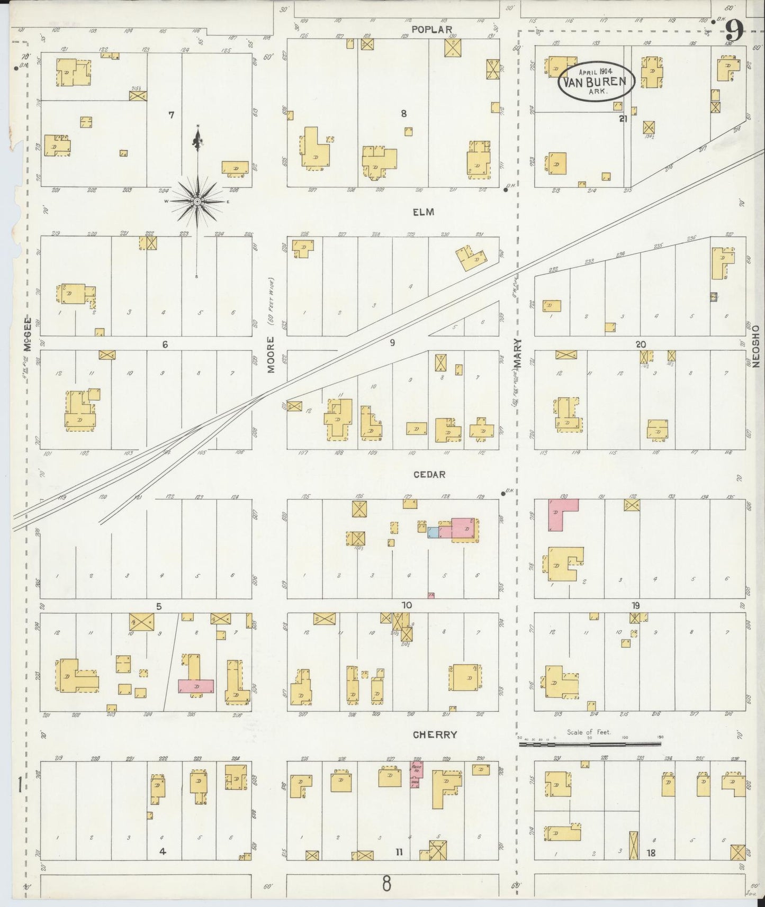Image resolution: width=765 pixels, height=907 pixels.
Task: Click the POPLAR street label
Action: coord(433,30)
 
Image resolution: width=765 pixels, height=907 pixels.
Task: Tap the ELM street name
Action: coord(423,212)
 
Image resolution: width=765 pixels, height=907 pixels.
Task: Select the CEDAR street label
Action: coord(430,474)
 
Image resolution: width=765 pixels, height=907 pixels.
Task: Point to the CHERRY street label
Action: coord(434,734)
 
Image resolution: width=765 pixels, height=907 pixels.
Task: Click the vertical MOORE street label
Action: coord(271,355)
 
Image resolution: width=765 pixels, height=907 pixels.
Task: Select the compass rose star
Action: coord(197,202)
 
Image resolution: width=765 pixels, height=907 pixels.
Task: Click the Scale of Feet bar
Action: coord(590,743)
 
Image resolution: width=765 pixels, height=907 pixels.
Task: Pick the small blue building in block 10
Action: coord(433,532)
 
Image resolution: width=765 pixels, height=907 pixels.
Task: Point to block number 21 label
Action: coord(623,119)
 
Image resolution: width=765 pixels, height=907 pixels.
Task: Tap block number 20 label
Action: coord(641,344)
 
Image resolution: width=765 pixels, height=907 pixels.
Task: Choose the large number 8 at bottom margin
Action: coord(387,883)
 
